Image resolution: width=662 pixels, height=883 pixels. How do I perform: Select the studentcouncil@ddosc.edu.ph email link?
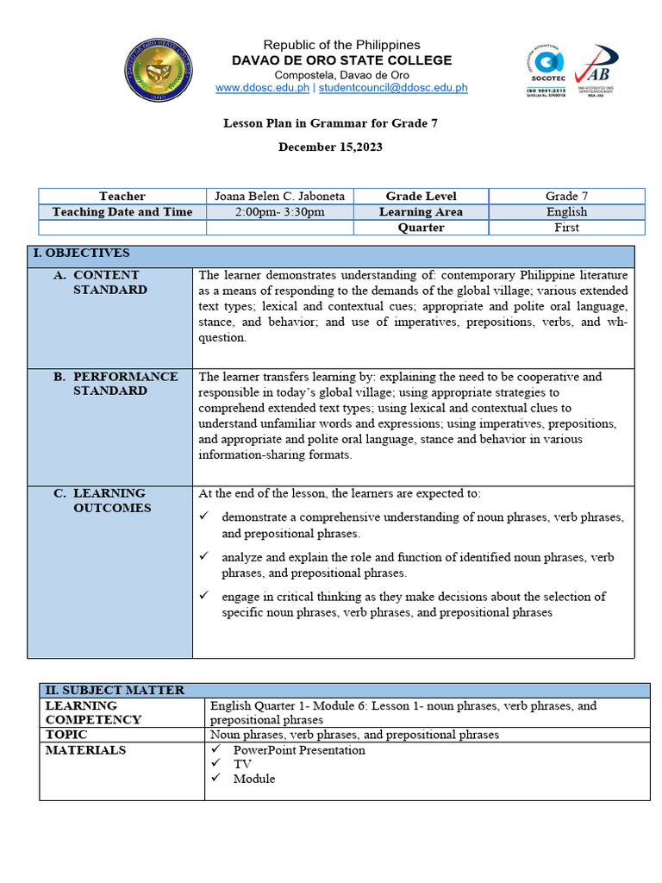pos(395,88)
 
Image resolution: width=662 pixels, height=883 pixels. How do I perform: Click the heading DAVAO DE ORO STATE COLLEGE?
pos(341,60)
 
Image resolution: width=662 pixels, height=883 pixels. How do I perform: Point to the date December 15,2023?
pos(330,147)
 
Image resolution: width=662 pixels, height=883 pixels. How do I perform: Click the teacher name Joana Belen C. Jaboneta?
pos(279,197)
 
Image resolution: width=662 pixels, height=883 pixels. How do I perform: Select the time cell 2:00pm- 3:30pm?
pos(279,212)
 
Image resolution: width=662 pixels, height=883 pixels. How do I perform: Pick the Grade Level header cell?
pos(421,197)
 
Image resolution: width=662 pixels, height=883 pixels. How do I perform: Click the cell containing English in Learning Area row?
pos(566,212)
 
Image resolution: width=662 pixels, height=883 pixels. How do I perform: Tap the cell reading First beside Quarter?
pos(566,228)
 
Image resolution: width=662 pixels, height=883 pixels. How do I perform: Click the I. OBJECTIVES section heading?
pos(81,254)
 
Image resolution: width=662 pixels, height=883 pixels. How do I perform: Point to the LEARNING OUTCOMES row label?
pos(110,500)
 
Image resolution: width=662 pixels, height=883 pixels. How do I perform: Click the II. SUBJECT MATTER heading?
pos(115,691)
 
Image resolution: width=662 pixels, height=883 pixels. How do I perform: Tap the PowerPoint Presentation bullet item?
pos(299,750)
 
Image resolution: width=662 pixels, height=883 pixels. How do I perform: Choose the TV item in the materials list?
pos(242,764)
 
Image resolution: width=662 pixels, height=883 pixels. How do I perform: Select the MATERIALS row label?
pos(86,750)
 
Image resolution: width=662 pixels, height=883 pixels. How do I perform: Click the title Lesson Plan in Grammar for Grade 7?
pos(330,123)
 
